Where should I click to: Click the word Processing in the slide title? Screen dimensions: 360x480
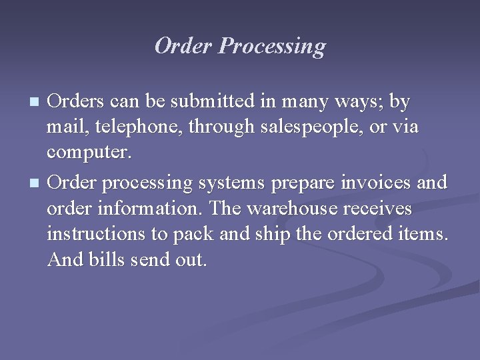pyautogui.click(x=273, y=47)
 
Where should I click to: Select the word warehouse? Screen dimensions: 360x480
pyautogui.click(x=291, y=208)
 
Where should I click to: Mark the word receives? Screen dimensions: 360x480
pyautogui.click(x=377, y=208)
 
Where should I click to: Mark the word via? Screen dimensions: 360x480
pyautogui.click(x=405, y=127)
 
